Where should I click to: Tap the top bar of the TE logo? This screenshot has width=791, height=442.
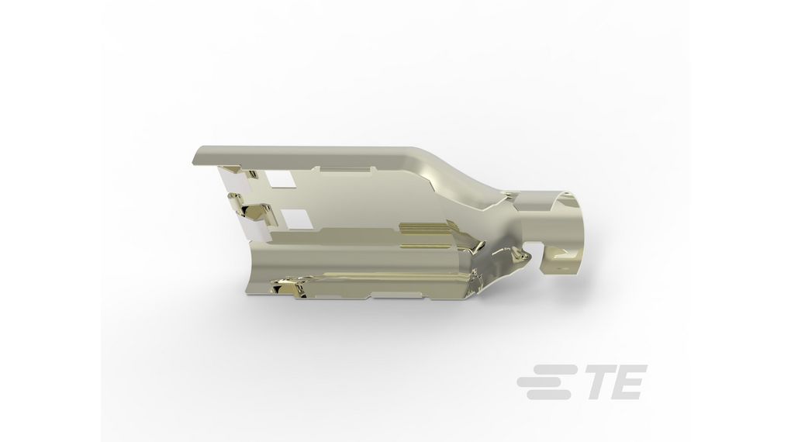pos(542,371)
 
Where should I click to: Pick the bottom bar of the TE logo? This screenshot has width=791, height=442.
pos(542,394)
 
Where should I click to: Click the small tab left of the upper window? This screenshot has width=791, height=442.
pos(230,169)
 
